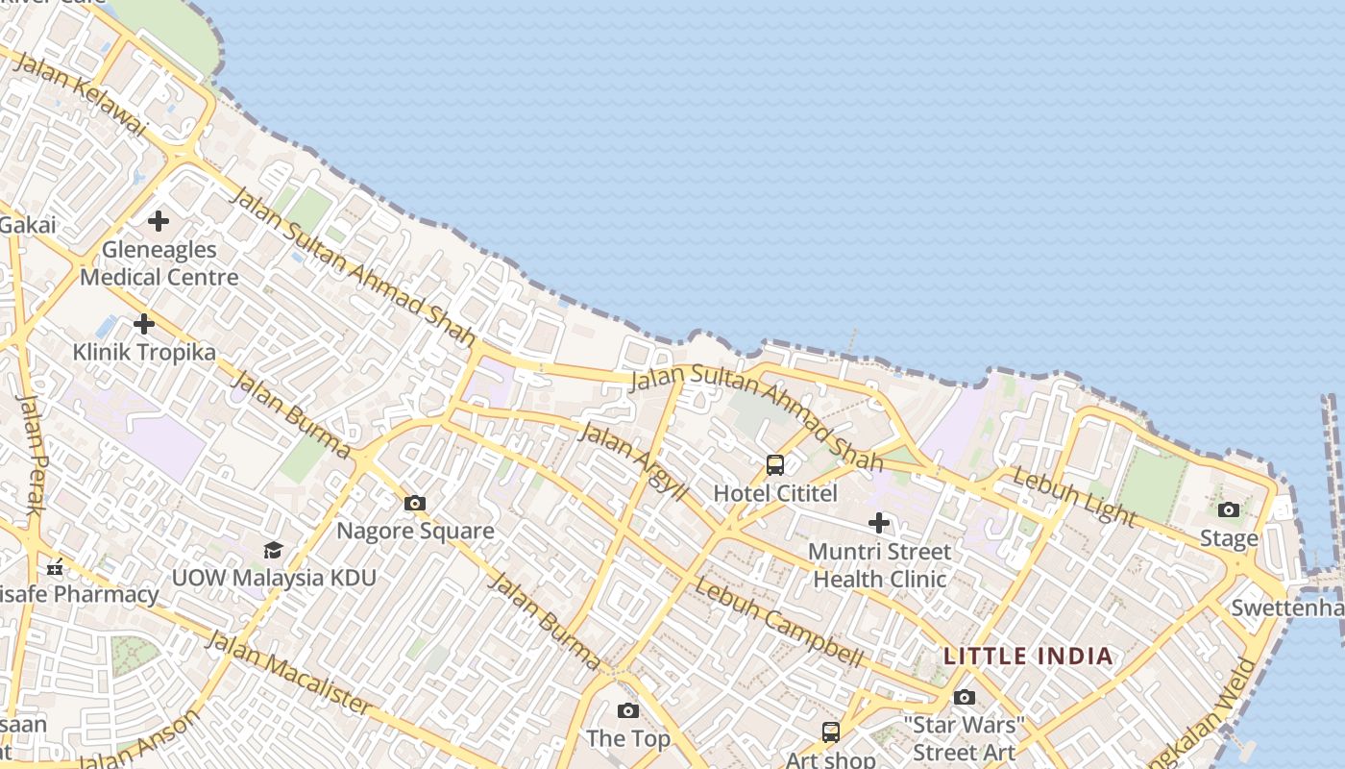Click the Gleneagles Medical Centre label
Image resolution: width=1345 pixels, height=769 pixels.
[159, 263]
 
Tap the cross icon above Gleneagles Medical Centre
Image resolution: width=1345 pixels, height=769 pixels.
[159, 222]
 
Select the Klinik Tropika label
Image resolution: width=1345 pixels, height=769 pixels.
[144, 352]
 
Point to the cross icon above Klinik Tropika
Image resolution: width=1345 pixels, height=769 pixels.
[144, 324]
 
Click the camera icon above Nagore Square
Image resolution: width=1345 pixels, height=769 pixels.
[415, 503]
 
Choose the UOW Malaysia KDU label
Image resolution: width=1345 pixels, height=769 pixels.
[274, 578]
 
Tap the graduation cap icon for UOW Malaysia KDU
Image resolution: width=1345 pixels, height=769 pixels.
[274, 550]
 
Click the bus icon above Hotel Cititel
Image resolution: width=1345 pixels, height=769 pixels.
[775, 465]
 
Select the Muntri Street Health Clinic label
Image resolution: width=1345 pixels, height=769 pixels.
[879, 565]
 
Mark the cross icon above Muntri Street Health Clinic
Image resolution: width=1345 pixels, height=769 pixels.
[879, 523]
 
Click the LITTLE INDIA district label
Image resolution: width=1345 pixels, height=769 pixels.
[1028, 657]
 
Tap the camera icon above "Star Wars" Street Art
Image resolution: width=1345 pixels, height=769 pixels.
[965, 697]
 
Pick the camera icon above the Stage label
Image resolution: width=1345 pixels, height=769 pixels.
[1229, 509]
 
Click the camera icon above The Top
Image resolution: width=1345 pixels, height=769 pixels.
[628, 710]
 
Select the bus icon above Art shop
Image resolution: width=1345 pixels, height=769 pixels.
[831, 732]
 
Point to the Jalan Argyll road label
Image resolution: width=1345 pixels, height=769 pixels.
[635, 460]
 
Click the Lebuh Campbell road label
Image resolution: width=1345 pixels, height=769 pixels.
[779, 622]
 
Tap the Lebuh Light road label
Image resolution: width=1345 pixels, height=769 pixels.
[1074, 496]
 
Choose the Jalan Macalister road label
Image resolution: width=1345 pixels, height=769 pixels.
[288, 673]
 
